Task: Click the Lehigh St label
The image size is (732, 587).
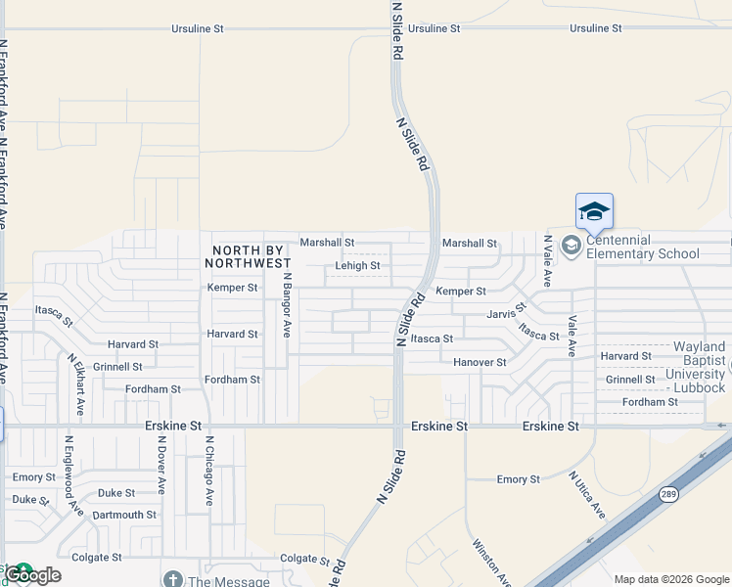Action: pos(357,265)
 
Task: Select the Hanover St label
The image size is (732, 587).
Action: pos(480,362)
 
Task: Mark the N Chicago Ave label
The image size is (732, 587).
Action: pos(208,471)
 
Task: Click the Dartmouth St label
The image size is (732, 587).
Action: pos(124,515)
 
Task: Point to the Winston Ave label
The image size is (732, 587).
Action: pos(490,562)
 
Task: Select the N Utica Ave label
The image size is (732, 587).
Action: pos(588,495)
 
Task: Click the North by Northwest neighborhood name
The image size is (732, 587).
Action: pos(249,256)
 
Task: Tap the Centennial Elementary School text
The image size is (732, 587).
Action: pos(643,247)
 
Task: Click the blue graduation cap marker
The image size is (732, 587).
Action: pos(594,210)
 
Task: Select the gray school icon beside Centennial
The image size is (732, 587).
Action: pos(571,246)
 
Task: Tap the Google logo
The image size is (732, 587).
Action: pos(32,575)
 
